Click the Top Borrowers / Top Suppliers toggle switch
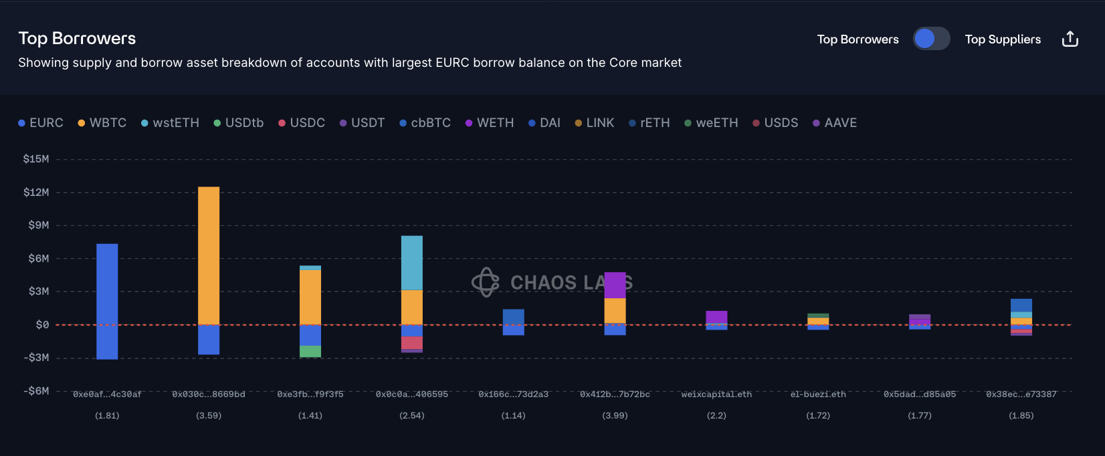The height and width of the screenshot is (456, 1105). [x=931, y=39]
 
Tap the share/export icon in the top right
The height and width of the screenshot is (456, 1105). [x=1070, y=39]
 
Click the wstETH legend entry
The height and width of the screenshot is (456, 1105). [x=171, y=123]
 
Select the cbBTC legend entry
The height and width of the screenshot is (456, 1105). [x=425, y=123]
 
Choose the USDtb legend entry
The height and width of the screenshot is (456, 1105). [x=239, y=123]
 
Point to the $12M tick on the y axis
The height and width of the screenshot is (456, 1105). [x=36, y=193]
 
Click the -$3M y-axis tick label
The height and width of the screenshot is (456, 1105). [x=36, y=358]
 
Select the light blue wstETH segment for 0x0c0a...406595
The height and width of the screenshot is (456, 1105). [x=412, y=263]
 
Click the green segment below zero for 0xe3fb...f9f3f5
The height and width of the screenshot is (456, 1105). [x=310, y=351]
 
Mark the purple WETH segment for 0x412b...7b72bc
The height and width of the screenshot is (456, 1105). [x=615, y=285]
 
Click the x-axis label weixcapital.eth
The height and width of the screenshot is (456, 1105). [x=716, y=394]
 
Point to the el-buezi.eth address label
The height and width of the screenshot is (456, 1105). [x=818, y=394]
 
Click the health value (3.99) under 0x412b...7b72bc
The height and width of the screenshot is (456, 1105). [x=615, y=416]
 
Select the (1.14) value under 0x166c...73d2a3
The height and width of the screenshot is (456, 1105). [x=514, y=416]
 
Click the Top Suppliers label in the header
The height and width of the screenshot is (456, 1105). [x=1003, y=39]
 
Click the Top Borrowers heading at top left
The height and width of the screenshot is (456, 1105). [x=77, y=38]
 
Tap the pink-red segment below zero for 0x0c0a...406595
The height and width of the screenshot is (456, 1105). [x=412, y=343]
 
